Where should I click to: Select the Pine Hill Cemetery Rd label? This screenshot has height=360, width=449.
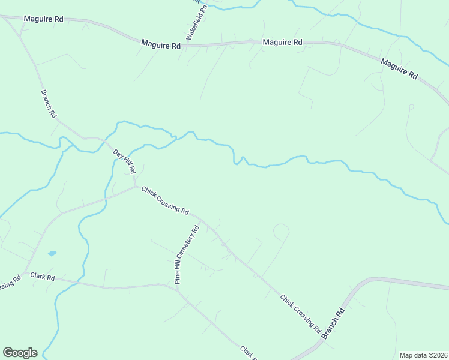pos(186,254)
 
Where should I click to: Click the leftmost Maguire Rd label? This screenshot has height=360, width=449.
pos(43,19)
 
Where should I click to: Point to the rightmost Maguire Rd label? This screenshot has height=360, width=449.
pos(399,69)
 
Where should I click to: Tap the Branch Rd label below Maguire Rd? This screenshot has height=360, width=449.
pos(49,104)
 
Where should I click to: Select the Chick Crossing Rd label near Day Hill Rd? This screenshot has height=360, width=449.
pos(165,201)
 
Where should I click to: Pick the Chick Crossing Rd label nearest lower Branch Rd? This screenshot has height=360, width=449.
pos(300,313)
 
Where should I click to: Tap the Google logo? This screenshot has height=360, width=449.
pos(20,353)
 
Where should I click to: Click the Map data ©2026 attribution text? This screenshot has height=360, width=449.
pos(423,355)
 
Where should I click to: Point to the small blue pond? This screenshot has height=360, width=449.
pos(52,254)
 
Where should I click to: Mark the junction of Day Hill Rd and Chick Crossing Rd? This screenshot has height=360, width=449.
pos(135,185)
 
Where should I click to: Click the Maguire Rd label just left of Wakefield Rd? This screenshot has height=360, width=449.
pos(161,45)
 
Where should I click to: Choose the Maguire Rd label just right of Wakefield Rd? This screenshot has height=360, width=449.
pos(282,42)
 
